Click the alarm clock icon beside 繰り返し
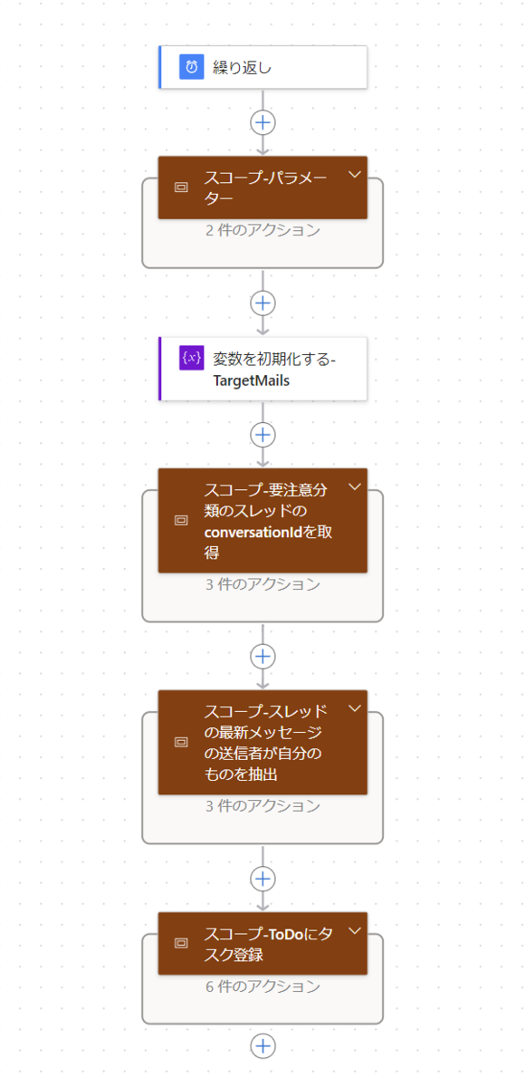pyautogui.click(x=192, y=66)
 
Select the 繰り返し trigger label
pyautogui.click(x=242, y=67)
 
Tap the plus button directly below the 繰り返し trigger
pyautogui.click(x=262, y=122)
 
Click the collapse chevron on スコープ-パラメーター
pyautogui.click(x=355, y=174)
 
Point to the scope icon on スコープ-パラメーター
pyautogui.click(x=181, y=188)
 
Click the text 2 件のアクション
pyautogui.click(x=262, y=230)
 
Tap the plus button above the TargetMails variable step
pyautogui.click(x=262, y=303)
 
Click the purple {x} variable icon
pyautogui.click(x=192, y=358)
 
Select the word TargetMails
pyautogui.click(x=251, y=381)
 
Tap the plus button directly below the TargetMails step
pyautogui.click(x=262, y=435)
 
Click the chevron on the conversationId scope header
pyautogui.click(x=355, y=486)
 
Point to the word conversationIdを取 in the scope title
pyautogui.click(x=268, y=533)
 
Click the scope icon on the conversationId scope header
pyautogui.click(x=181, y=520)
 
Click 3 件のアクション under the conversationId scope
pyautogui.click(x=262, y=584)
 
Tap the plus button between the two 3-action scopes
pyautogui.click(x=262, y=657)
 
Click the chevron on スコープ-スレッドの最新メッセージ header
pyautogui.click(x=355, y=708)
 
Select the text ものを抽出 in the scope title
pyautogui.click(x=241, y=774)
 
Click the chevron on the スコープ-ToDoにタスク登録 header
pyautogui.click(x=355, y=930)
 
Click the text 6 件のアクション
pyautogui.click(x=262, y=986)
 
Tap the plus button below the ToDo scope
pyautogui.click(x=262, y=1045)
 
